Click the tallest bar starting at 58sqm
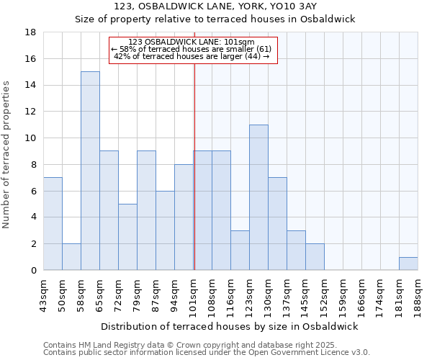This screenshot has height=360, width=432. (90, 171)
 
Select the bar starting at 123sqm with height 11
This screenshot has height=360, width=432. (258, 197)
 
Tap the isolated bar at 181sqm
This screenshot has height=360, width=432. (408, 264)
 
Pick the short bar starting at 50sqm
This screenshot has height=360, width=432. (71, 257)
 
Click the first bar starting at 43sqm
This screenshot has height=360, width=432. (53, 224)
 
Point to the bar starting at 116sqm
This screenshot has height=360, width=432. (240, 251)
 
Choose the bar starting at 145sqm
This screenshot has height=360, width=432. (315, 257)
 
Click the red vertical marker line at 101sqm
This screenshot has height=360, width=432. (194, 180)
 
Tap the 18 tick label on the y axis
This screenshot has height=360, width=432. (31, 32)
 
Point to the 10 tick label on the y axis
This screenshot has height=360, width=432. (31, 138)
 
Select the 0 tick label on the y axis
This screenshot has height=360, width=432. (34, 270)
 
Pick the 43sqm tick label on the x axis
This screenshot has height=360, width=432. (44, 293)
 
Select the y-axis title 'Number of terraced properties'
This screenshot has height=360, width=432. (7, 155)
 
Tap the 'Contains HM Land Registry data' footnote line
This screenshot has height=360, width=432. (181, 345)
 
